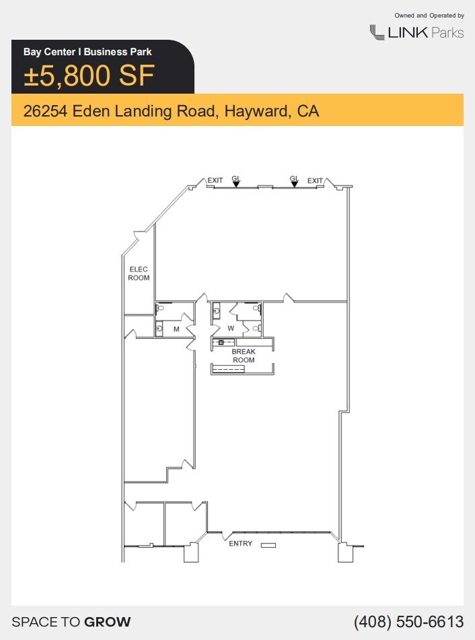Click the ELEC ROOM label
pos(139,274)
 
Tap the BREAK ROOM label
pos(244,356)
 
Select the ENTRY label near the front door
pos(240,544)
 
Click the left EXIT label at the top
pos(215,181)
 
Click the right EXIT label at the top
pos(315,181)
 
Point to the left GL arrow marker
pos(236,183)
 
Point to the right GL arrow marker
pos(294,183)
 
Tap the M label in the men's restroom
pos(176,329)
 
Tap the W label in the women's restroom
pos(231,329)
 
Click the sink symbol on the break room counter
pos(221,342)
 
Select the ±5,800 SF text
pos(89,76)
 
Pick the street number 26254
pos(46,111)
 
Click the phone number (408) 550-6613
pos(408,621)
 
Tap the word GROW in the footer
pos(107,622)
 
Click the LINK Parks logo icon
pos(376,32)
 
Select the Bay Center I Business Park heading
pos(87,51)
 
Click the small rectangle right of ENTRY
pos(268,544)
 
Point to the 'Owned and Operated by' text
pos(429,15)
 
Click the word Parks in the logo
pos(447,32)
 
